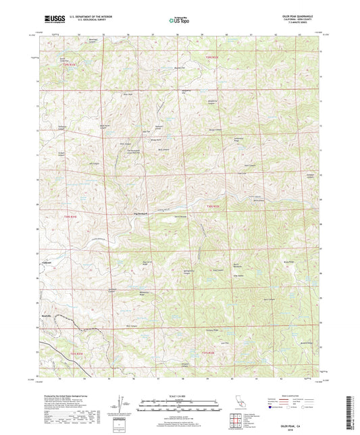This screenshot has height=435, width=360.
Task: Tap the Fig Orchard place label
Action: (x=140, y=214)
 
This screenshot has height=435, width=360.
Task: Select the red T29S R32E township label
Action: (x=212, y=58)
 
